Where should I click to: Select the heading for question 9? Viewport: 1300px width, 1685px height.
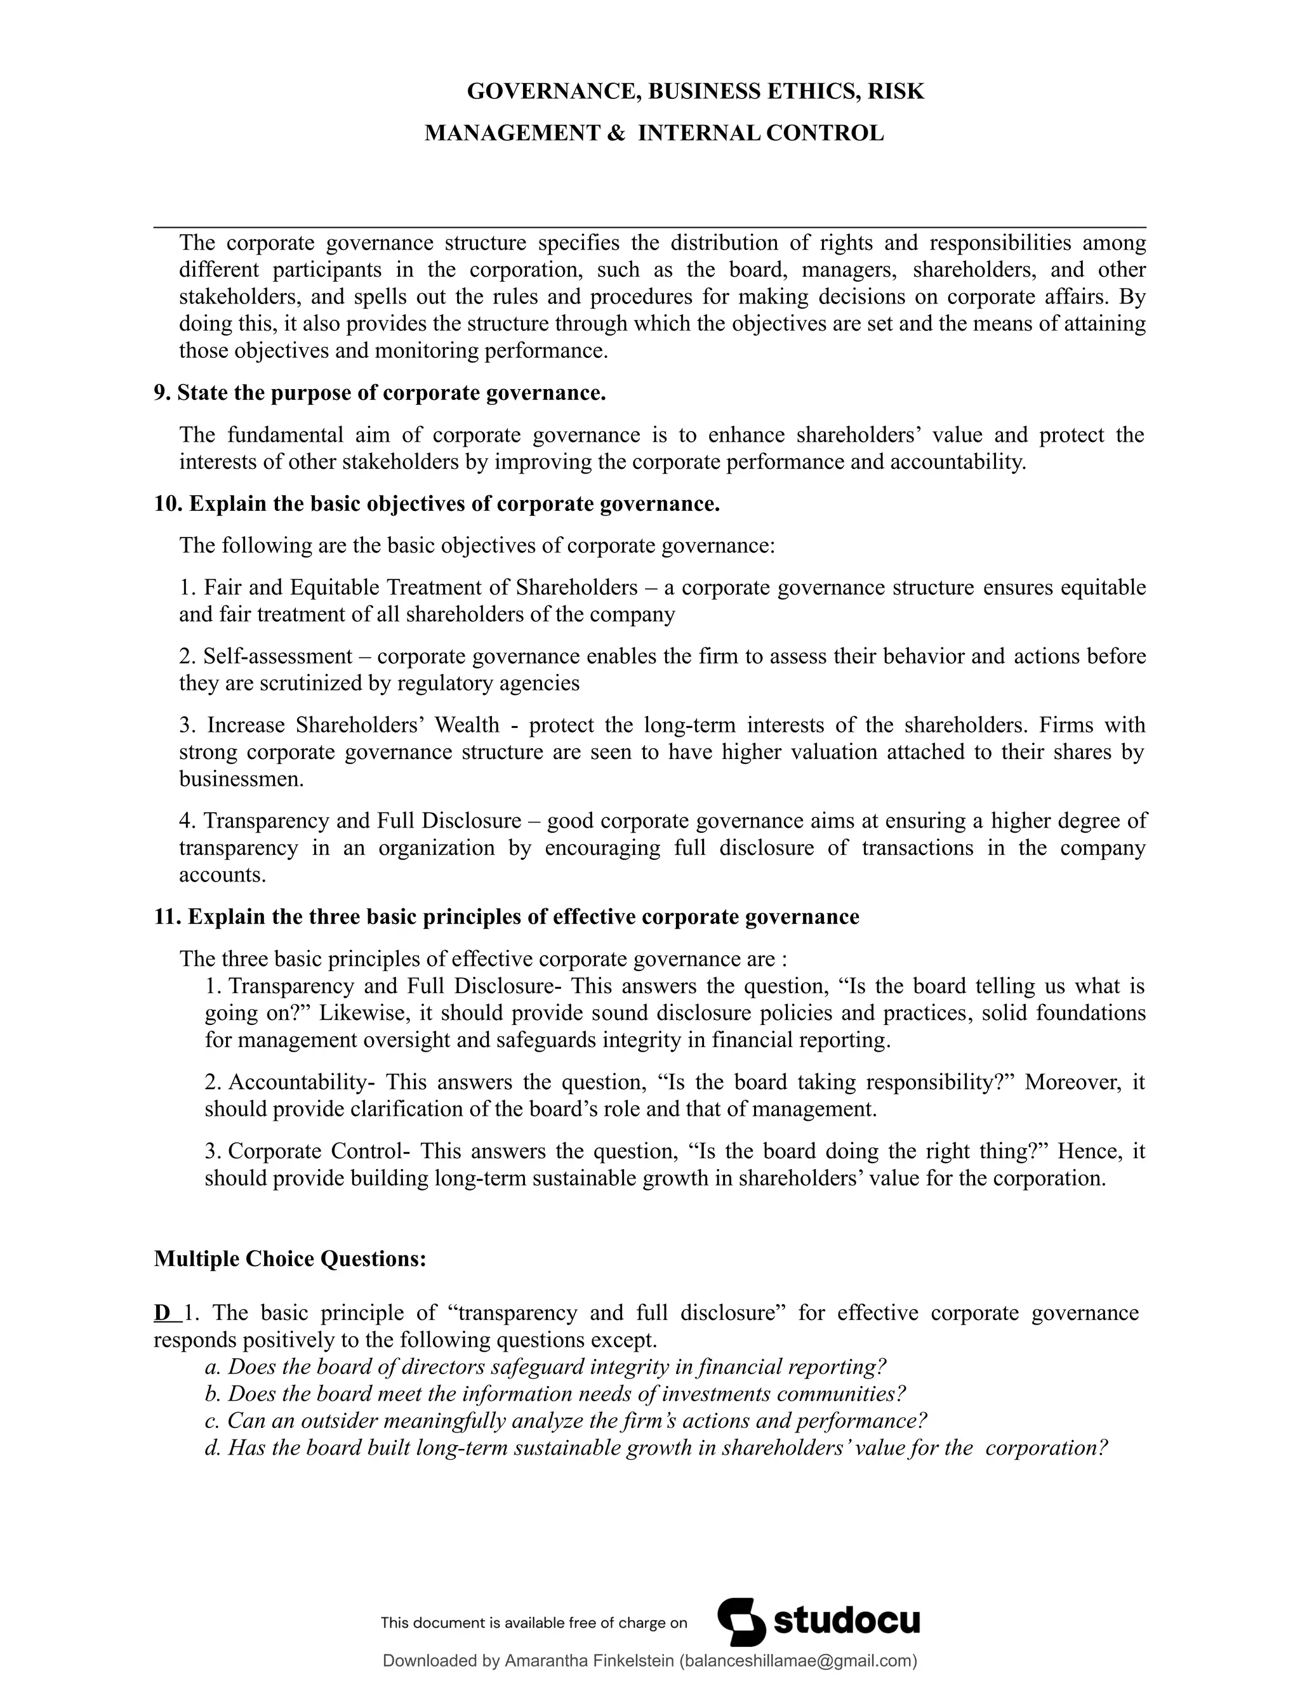click(x=380, y=393)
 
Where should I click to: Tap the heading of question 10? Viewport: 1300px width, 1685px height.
click(x=437, y=504)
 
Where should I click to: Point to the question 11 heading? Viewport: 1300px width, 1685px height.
click(x=506, y=916)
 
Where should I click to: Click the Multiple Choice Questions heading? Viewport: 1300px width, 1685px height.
click(x=290, y=1259)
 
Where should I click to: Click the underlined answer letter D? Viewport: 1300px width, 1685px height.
click(x=162, y=1312)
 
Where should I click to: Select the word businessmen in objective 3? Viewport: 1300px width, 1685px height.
click(x=241, y=779)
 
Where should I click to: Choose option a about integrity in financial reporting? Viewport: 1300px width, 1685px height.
click(x=545, y=1366)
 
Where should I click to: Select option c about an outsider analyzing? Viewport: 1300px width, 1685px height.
click(x=566, y=1420)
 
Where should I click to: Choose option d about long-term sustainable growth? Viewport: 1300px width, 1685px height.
click(x=656, y=1448)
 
